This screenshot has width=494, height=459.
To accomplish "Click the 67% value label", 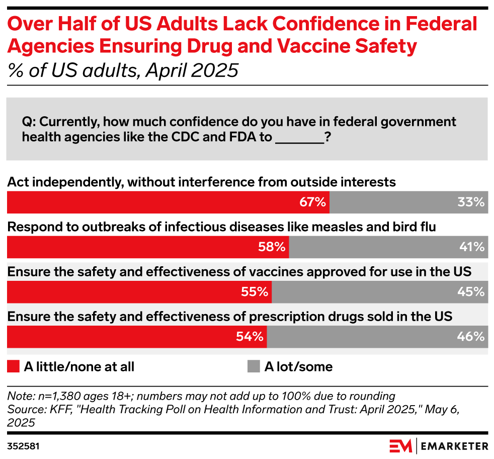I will click(312, 202).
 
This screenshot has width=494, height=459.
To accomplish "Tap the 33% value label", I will click(471, 202).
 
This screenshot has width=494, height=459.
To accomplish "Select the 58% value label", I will click(272, 247).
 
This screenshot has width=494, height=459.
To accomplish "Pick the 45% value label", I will click(471, 292).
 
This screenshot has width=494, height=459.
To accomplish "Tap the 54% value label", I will click(250, 337).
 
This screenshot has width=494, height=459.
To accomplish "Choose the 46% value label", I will click(471, 337).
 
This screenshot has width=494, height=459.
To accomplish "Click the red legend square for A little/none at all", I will click(13, 366).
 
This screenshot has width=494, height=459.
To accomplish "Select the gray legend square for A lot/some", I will click(254, 366).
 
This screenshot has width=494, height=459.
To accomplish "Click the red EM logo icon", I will click(400, 446).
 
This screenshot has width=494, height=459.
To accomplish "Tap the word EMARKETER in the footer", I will click(454, 446).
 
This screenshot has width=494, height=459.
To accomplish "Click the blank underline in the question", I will click(300, 138).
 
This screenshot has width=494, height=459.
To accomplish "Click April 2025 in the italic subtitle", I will click(192, 70).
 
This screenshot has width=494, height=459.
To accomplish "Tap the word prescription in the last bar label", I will click(277, 317).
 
